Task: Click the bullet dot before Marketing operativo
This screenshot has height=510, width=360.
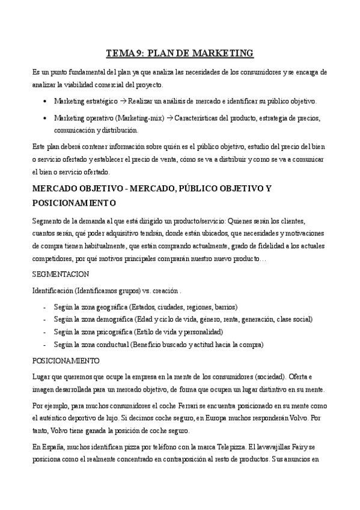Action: [46, 117]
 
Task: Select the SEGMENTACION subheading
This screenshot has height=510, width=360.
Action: [61, 274]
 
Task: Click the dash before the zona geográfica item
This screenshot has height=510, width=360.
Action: [46, 306]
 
